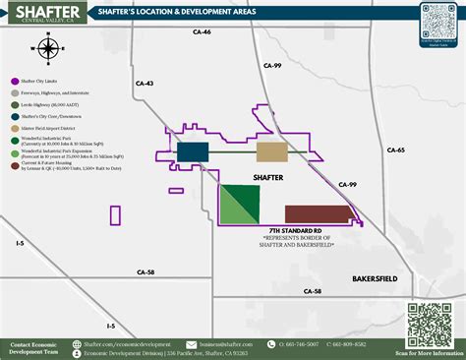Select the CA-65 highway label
click(395, 150)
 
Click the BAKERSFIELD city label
click(375, 279)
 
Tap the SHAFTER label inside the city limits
click(268, 178)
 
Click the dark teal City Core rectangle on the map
click(193, 151)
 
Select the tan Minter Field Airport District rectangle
click(272, 151)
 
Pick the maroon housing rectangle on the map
click(320, 213)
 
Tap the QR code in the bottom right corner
click(430, 324)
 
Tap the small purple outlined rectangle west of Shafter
click(115, 215)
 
